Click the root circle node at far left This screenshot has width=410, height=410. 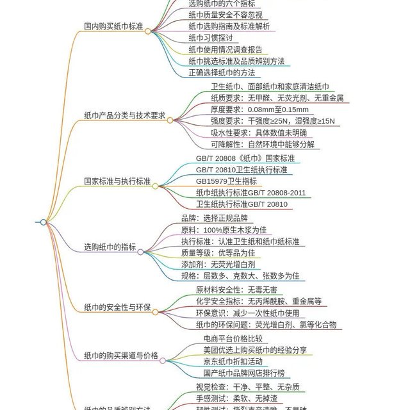(x=43, y=222)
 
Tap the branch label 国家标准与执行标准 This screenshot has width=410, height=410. (x=117, y=181)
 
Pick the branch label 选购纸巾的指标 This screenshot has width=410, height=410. (x=110, y=247)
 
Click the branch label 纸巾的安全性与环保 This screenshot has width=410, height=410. (x=117, y=307)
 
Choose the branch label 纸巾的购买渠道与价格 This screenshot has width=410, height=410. (x=121, y=356)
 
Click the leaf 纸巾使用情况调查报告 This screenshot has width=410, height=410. (x=225, y=50)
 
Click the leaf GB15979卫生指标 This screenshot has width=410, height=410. (x=226, y=181)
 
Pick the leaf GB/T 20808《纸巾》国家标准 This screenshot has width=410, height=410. (x=245, y=158)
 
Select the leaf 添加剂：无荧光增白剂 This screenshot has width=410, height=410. (x=218, y=265)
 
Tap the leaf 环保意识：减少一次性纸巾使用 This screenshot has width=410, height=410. (x=247, y=313)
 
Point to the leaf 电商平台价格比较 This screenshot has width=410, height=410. (x=233, y=338)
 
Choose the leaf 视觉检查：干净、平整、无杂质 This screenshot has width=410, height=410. (x=247, y=387)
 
